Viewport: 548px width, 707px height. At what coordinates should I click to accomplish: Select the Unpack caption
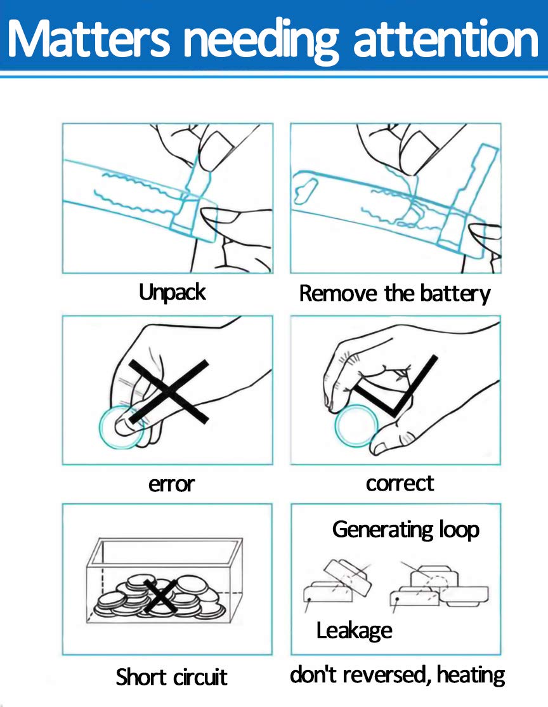(172, 293)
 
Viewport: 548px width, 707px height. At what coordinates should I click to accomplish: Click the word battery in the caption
(455, 294)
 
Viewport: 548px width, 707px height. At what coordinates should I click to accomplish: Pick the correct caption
(400, 484)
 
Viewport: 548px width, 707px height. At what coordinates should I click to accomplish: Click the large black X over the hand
(169, 392)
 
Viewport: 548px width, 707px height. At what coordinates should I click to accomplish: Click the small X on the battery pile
(160, 596)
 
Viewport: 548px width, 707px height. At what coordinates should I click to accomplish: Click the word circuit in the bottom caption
(200, 677)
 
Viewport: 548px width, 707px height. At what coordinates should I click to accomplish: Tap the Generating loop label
(405, 530)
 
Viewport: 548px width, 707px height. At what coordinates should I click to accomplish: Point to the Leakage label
(354, 631)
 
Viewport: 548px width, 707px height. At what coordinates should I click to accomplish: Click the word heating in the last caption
(471, 675)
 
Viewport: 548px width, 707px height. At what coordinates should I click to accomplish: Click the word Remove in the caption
(338, 294)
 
